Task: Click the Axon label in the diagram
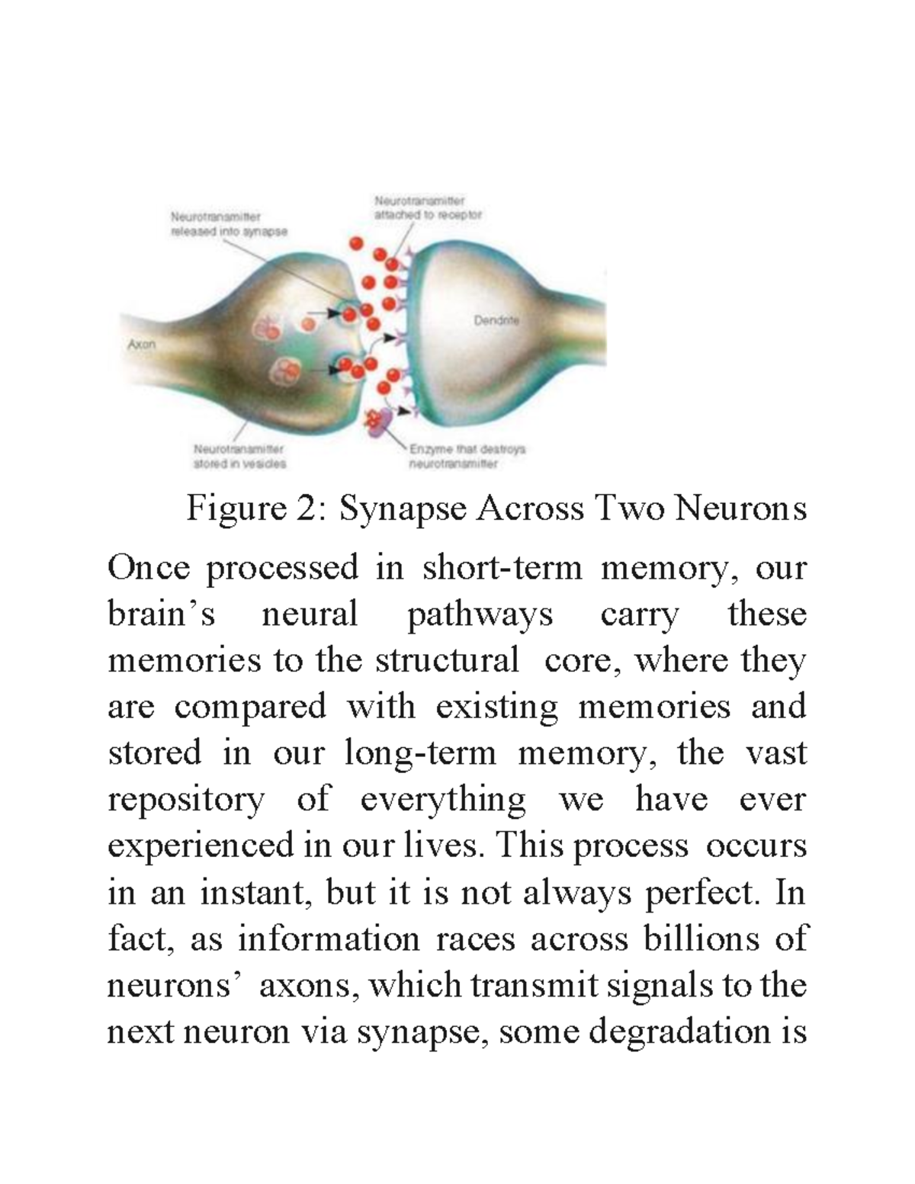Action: [141, 345]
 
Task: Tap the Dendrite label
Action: [496, 321]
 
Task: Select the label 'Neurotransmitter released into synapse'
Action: [228, 225]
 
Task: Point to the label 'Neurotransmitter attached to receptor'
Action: [427, 208]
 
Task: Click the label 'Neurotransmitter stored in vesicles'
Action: [239, 456]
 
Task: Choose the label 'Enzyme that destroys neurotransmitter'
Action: [467, 456]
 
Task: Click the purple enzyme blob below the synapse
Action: [379, 422]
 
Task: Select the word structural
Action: [447, 660]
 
